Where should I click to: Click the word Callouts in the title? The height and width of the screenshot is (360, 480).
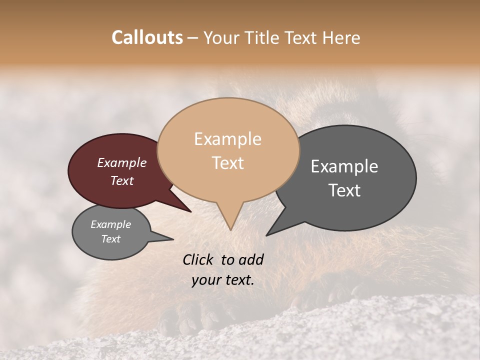147,38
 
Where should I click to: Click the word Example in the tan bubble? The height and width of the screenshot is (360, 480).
227,139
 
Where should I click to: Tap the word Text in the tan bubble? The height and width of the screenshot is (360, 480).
227,163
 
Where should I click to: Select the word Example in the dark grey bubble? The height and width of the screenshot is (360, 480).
344,166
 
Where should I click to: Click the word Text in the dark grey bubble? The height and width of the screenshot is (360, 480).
344,190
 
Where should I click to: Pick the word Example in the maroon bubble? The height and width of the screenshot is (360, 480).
121,163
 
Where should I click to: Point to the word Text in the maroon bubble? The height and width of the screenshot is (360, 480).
121,180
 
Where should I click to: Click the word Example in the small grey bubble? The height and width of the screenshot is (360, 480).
110,224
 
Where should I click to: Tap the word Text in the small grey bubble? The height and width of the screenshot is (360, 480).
110,239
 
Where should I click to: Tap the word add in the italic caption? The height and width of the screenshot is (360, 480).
251,259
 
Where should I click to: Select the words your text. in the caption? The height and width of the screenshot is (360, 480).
223,280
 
